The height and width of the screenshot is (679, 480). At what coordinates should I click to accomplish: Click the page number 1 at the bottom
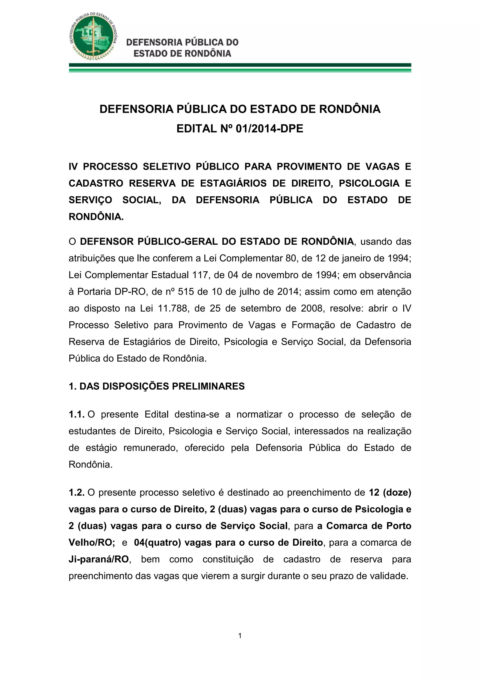click(240, 636)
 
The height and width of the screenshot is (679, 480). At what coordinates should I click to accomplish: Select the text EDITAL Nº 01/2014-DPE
click(240, 129)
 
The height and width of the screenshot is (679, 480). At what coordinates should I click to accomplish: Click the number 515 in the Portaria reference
click(186, 292)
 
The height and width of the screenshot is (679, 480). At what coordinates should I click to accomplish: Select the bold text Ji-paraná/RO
click(99, 559)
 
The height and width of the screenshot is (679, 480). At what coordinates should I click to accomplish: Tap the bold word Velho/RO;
click(92, 542)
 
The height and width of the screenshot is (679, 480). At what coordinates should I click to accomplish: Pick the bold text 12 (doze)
click(390, 492)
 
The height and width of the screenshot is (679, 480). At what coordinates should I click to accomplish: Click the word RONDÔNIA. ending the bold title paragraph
click(96, 217)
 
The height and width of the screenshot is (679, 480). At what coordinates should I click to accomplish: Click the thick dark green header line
click(240, 65)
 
